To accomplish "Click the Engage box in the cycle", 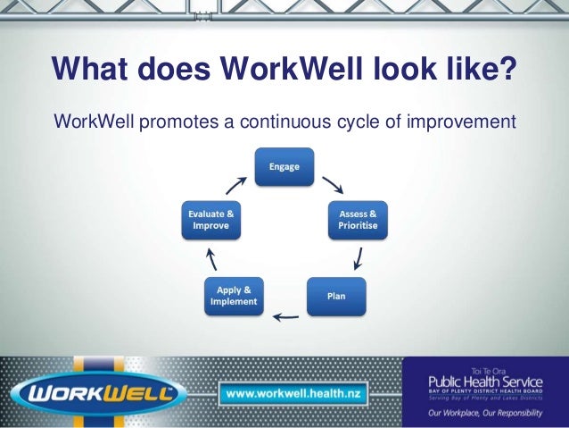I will (x=284, y=167).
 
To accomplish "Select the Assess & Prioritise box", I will (x=358, y=220).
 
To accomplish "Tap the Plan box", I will (x=336, y=296).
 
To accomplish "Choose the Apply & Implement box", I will (x=234, y=296).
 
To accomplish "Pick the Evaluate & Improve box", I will (x=211, y=220).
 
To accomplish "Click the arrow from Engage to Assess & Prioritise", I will (x=333, y=184).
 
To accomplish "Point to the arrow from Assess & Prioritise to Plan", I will (x=358, y=259).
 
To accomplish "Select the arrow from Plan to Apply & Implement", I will (x=285, y=315).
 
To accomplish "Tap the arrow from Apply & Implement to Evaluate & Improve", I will (x=211, y=260).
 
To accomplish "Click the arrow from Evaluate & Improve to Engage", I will (x=236, y=184).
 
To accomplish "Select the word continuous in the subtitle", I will (x=282, y=120).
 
